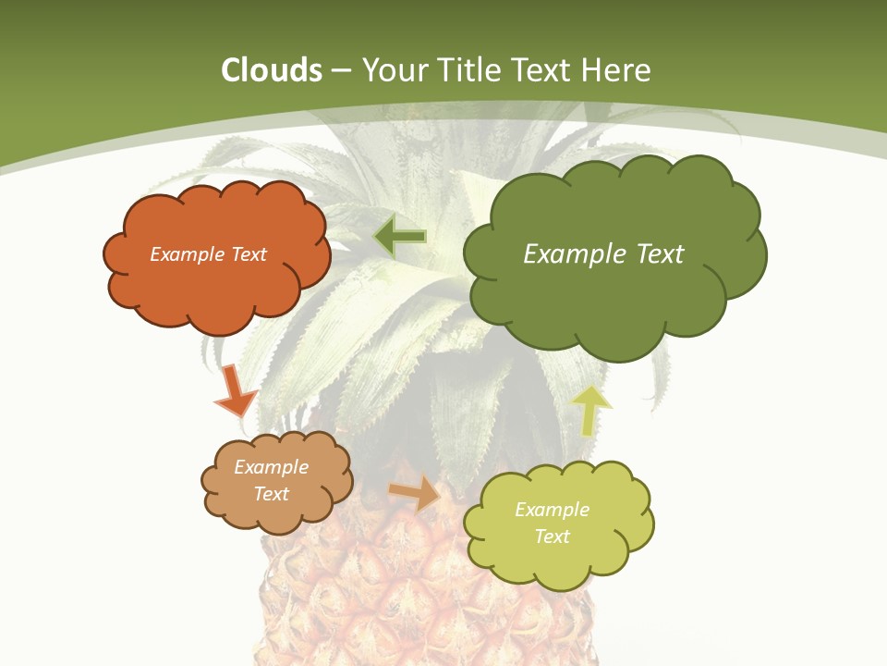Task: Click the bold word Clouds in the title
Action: tap(271, 70)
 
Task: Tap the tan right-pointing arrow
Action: tap(415, 494)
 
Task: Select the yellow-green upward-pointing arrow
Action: tap(592, 410)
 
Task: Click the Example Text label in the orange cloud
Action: tap(208, 254)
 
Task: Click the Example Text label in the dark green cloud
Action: tap(603, 254)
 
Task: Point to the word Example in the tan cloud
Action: tap(271, 467)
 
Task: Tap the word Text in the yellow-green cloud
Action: tap(552, 536)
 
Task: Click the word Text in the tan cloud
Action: tap(271, 494)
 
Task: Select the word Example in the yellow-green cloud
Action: tap(552, 510)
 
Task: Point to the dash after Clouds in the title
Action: tap(340, 70)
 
